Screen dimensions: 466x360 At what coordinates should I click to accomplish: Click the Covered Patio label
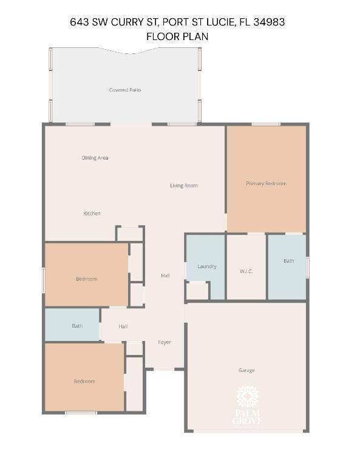[125, 90]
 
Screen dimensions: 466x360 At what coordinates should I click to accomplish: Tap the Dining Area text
[95, 158]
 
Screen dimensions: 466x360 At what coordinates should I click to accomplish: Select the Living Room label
[184, 186]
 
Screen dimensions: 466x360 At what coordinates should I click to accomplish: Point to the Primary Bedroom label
[266, 183]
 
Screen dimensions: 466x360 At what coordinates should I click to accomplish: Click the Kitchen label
[92, 214]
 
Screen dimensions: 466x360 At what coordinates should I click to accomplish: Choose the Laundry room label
[207, 266]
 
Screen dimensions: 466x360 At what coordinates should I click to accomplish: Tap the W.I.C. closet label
[246, 271]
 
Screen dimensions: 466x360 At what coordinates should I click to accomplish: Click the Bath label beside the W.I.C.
[288, 261]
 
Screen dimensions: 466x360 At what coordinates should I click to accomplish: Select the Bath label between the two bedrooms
[77, 326]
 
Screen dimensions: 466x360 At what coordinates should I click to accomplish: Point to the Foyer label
[165, 342]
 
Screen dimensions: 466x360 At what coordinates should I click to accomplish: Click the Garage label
[246, 370]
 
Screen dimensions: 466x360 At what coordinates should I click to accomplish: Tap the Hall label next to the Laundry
[165, 275]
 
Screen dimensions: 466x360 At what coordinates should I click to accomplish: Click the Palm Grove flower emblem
[247, 397]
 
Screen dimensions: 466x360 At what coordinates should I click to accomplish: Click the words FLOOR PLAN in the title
[177, 36]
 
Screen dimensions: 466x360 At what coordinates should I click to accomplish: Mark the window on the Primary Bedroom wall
[266, 124]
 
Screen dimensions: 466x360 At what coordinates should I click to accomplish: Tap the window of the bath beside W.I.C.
[307, 267]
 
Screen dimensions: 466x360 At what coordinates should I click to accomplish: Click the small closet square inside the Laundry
[197, 291]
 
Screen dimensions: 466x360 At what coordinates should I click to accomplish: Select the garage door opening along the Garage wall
[246, 431]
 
